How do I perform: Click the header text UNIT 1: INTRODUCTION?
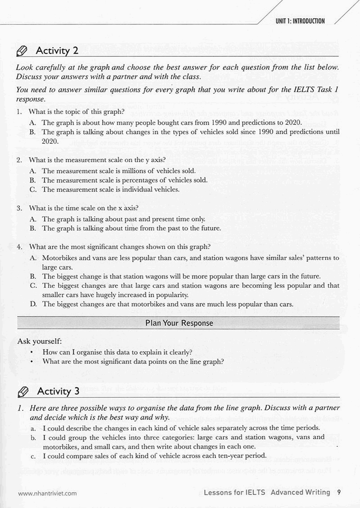pos(300,21)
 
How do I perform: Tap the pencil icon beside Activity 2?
pos(22,51)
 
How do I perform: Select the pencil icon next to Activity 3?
pos(22,391)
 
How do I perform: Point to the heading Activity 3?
pos(58,391)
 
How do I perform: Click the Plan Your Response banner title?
pos(179,323)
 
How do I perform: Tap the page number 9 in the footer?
pos(338,492)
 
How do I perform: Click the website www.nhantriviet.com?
pos(47,493)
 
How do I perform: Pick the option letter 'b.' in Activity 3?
pos(34,437)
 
